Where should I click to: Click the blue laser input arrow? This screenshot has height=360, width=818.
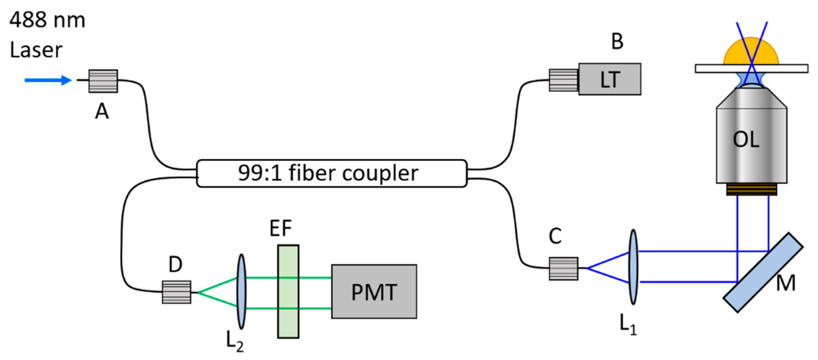coord(48,80)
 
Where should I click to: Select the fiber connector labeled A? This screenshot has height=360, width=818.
coord(103,81)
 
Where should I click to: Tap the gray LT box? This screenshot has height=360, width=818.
coord(609,79)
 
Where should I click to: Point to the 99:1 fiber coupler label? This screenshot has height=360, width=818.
coord(328,173)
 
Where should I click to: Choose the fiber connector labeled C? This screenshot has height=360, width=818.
coord(563,268)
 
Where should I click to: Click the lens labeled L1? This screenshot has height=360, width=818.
coord(633,267)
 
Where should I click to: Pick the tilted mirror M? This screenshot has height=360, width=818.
coord(763,272)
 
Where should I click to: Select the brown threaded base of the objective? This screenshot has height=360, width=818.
coord(751,190)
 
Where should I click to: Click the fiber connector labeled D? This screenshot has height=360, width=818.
coord(176,292)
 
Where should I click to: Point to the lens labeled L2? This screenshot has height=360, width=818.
coord(241,292)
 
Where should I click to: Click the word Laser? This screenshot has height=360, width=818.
coord(36,50)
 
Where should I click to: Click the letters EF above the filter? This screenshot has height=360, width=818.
coord(280,228)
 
